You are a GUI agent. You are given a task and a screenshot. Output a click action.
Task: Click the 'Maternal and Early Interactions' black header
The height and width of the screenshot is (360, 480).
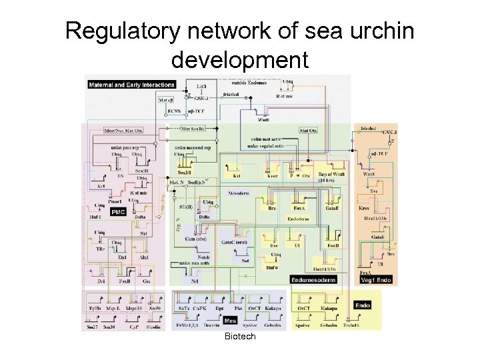tap(131, 85)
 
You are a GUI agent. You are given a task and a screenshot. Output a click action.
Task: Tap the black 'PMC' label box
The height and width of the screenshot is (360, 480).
tap(118, 212)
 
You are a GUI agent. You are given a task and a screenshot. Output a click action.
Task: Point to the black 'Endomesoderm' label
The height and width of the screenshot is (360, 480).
tap(313, 279)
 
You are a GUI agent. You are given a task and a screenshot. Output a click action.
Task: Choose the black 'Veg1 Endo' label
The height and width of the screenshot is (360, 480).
tap(375, 279)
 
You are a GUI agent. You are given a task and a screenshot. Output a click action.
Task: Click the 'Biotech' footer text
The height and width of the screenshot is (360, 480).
tap(240, 337)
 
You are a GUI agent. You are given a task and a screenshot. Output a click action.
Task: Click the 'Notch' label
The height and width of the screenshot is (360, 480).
tap(204, 257)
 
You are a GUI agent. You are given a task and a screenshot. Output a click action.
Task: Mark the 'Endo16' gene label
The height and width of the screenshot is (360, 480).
tap(351, 326)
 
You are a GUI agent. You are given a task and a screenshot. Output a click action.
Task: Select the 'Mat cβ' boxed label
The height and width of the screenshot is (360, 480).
tap(166, 99)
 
